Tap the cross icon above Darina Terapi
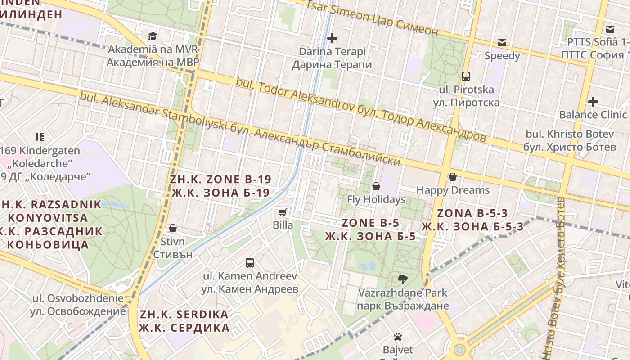(x=332, y=38)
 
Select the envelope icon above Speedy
(x=502, y=43)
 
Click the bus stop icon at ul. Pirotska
(x=466, y=76)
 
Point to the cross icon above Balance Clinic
(x=593, y=102)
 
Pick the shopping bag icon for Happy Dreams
(x=453, y=177)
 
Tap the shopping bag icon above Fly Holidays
(x=376, y=186)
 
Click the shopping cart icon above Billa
(x=283, y=212)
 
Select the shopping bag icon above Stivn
(x=172, y=228)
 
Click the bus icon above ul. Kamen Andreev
(x=250, y=262)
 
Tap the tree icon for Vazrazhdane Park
(x=403, y=279)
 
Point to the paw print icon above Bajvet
(x=397, y=336)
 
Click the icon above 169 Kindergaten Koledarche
(x=40, y=137)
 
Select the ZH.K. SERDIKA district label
(x=184, y=321)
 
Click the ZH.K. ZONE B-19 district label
(x=220, y=186)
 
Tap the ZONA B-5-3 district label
(x=472, y=220)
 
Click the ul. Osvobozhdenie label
(x=78, y=305)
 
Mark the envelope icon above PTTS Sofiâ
(x=610, y=29)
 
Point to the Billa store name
(x=283, y=225)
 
